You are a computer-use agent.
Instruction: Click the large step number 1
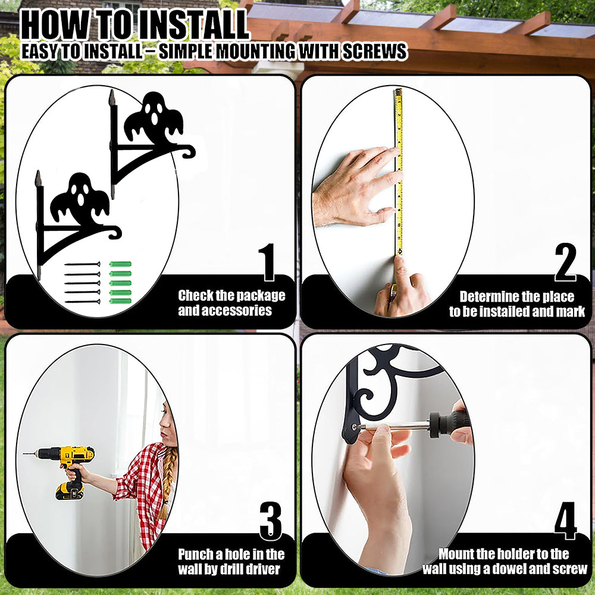point(268,262)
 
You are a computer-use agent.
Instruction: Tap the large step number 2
point(565,262)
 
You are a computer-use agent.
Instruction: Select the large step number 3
point(271,521)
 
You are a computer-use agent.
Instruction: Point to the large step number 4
point(565,521)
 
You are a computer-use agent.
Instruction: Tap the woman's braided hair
point(167,482)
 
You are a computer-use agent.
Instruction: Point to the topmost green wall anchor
point(120,264)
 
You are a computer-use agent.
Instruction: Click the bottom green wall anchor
point(120,301)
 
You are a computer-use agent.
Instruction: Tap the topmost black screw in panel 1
point(82,264)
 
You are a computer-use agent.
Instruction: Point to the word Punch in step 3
point(195,555)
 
